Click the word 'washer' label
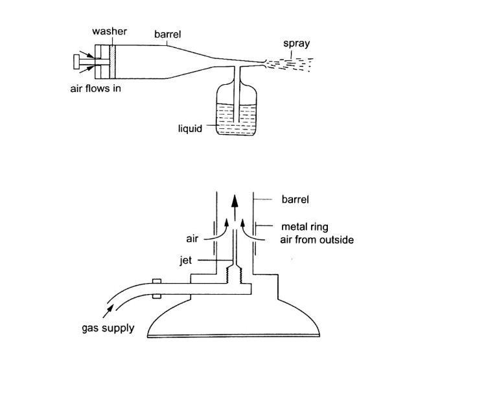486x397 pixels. tap(110, 30)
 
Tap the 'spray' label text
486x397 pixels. tap(296, 44)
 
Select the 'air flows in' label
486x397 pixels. tap(95, 89)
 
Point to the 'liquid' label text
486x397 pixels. tap(190, 128)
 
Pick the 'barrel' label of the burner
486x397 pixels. tap(295, 199)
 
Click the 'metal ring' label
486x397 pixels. tap(305, 227)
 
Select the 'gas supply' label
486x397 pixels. tap(108, 328)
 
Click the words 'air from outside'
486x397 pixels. tap(316, 240)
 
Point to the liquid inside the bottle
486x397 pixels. tap(237, 122)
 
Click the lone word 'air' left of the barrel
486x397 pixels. tap(192, 239)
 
